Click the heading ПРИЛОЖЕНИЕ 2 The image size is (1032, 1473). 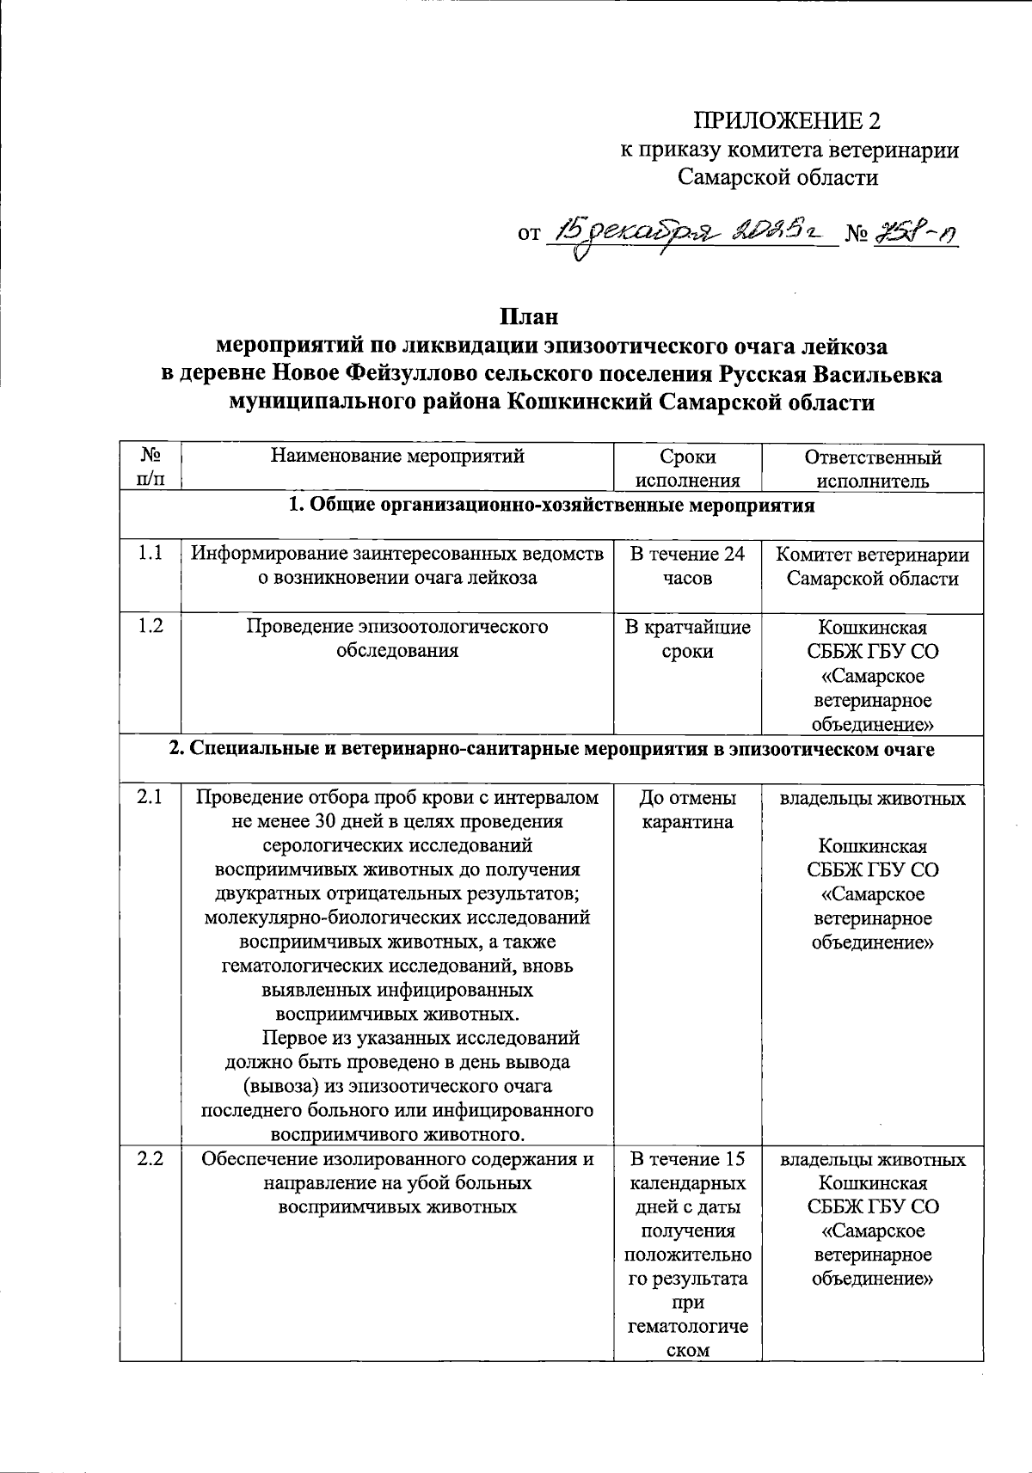point(788,120)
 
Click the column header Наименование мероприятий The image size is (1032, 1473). point(397,456)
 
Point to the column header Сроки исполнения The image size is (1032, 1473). point(688,469)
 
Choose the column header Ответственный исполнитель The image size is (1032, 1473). point(872,469)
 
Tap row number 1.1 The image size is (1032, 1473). point(150,554)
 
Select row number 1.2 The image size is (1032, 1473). point(150,626)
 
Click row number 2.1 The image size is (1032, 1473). point(150,798)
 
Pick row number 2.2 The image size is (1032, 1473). point(150,1159)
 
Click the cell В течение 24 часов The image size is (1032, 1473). point(688,566)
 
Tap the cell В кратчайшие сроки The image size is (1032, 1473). point(688,639)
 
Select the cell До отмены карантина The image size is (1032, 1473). point(688,810)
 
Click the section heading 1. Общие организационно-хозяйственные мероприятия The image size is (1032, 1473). point(550,505)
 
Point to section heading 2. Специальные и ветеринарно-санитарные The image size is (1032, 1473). point(550,749)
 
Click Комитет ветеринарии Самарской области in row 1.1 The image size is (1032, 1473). point(872,566)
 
